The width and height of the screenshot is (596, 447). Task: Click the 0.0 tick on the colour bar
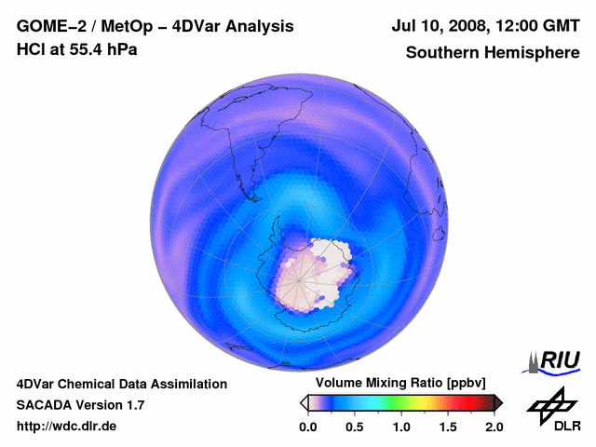click(307, 427)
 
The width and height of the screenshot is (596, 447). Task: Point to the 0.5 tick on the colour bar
click(355, 427)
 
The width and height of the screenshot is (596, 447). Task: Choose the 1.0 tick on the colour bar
click(401, 427)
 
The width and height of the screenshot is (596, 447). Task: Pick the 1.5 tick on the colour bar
click(448, 427)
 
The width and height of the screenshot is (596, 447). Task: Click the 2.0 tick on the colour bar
click(494, 427)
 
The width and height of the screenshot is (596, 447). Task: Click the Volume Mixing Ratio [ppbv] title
click(397, 383)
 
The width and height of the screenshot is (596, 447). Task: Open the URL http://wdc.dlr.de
click(67, 427)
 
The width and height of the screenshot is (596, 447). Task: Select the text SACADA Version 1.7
click(80, 405)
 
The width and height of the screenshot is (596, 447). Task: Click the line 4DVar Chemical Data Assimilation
click(122, 384)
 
